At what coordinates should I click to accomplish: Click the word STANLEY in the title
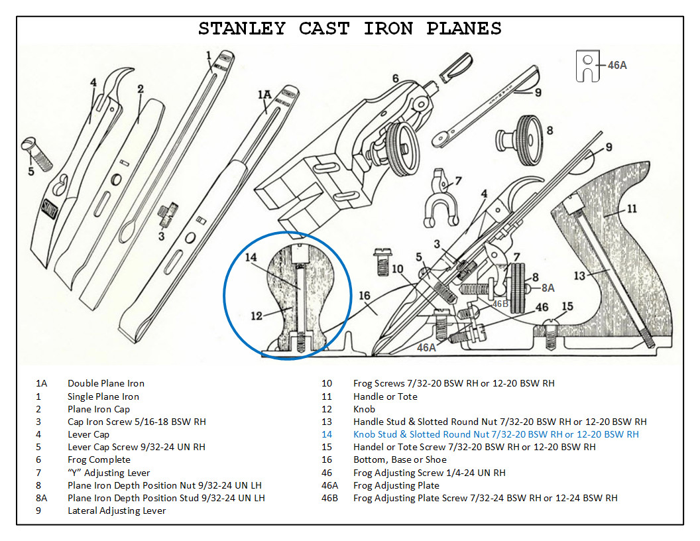[x=242, y=29]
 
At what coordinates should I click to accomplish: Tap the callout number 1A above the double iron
[x=264, y=95]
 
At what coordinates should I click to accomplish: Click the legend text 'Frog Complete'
[x=99, y=459]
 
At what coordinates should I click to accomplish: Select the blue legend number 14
[x=326, y=434]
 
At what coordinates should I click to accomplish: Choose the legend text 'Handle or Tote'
[x=385, y=396]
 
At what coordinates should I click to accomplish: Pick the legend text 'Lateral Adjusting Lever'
[x=117, y=511]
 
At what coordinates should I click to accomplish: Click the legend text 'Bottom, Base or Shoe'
[x=399, y=459]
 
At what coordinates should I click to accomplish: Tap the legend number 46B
[x=329, y=498]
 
